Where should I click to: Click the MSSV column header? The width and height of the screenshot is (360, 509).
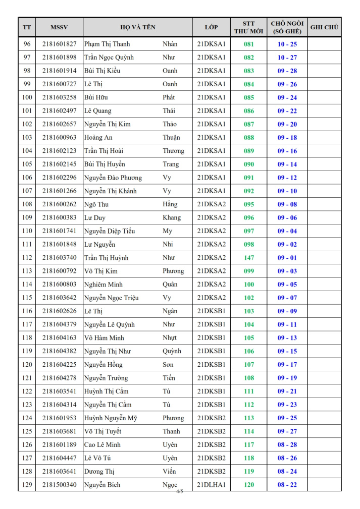tap(59, 27)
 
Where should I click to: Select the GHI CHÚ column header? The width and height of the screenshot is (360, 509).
tap(324, 27)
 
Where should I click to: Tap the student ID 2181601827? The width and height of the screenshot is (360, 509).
tap(59, 44)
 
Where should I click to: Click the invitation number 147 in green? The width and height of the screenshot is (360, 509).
tap(249, 258)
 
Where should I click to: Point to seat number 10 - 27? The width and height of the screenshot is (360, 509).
tap(287, 58)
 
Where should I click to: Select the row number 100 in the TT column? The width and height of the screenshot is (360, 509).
tap(27, 97)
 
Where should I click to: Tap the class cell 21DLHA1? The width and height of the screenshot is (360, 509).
tap(211, 485)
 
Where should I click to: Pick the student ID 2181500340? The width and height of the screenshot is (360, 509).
tap(59, 485)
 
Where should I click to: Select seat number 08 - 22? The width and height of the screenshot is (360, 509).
tap(287, 485)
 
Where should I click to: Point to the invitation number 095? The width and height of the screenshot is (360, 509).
tap(249, 204)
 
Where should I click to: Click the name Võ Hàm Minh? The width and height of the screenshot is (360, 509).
tap(104, 338)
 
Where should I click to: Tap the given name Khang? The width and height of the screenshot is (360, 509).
tap(172, 218)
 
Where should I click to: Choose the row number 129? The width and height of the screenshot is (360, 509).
tap(27, 485)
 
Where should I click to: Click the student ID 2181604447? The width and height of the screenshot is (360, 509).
tap(59, 458)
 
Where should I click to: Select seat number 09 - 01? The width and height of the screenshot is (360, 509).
tap(287, 258)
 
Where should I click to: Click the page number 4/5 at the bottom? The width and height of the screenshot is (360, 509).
tap(180, 491)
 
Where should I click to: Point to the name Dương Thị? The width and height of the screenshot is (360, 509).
tap(99, 472)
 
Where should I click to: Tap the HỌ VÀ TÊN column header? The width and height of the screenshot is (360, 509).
tap(138, 27)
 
